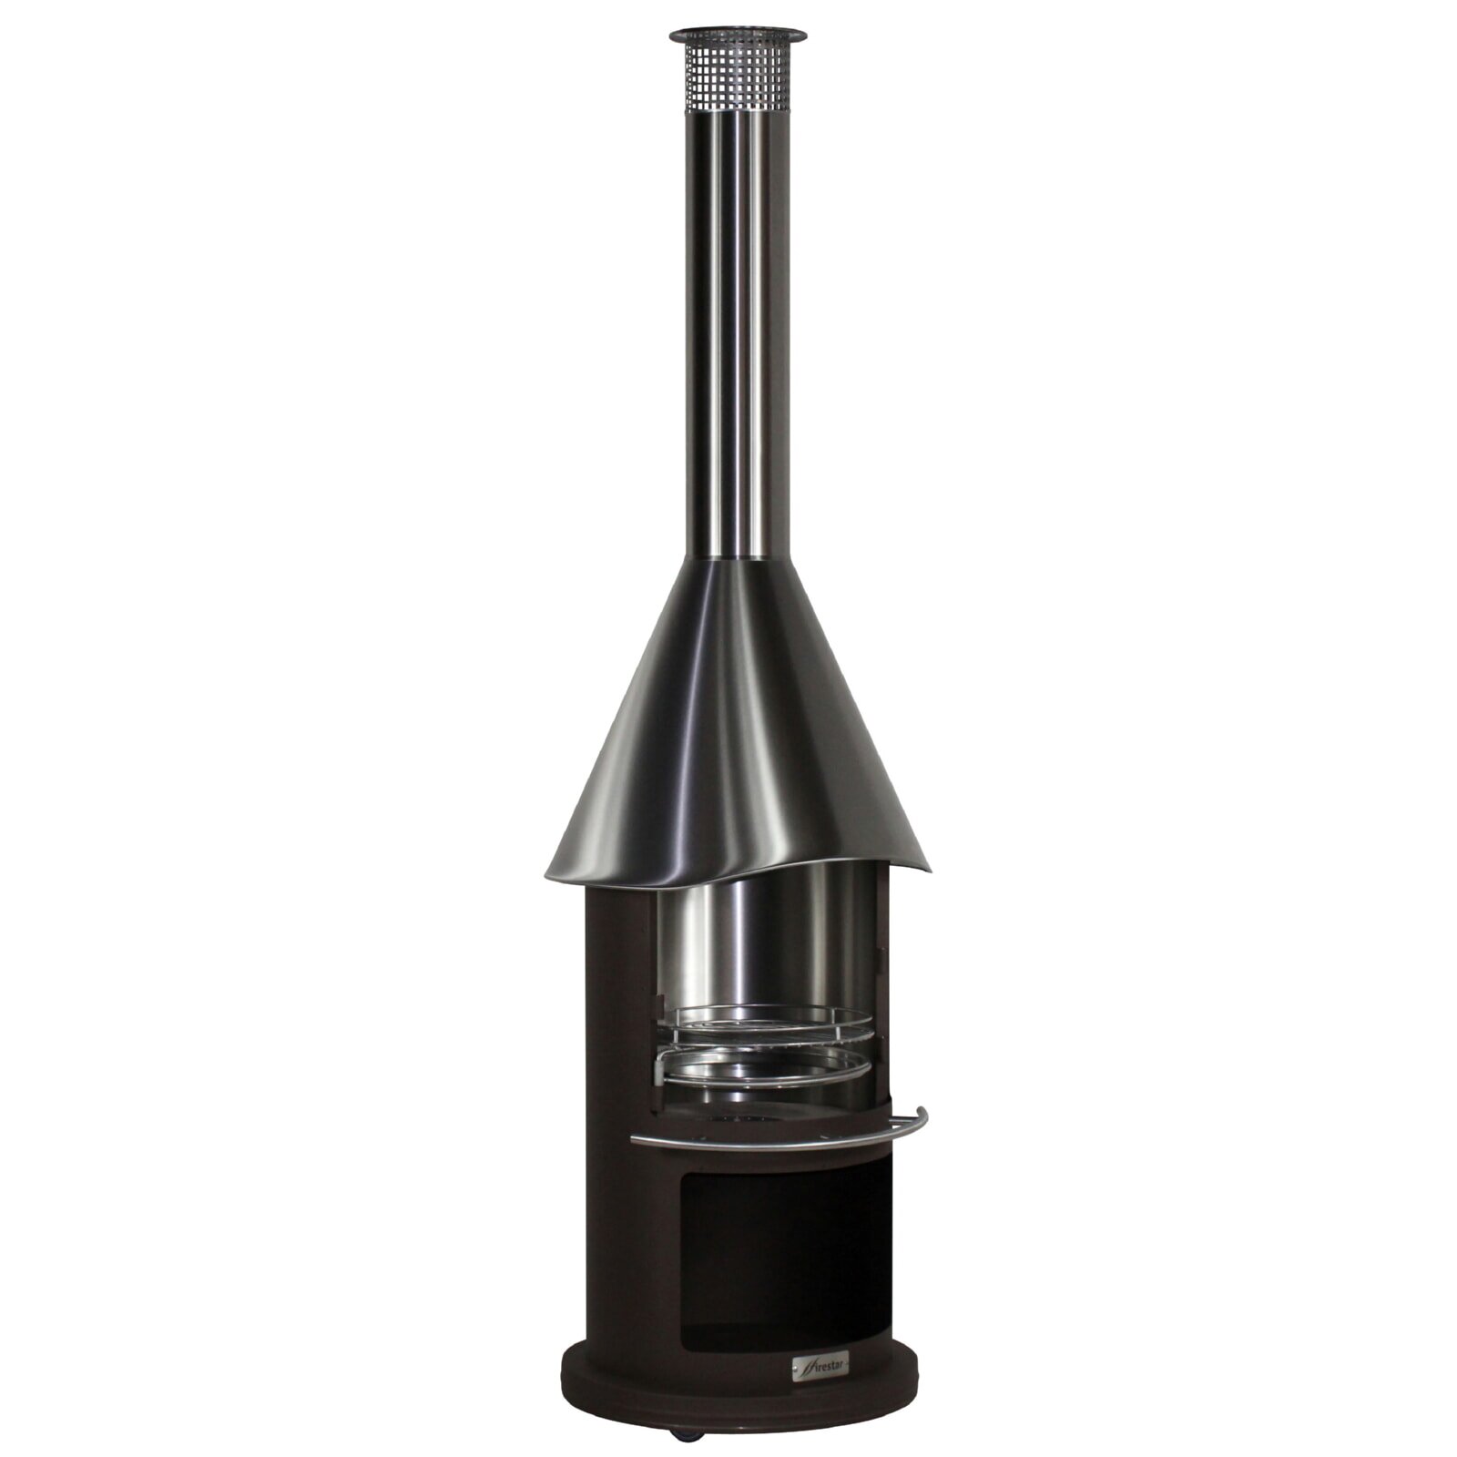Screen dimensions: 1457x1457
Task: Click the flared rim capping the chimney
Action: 738,35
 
